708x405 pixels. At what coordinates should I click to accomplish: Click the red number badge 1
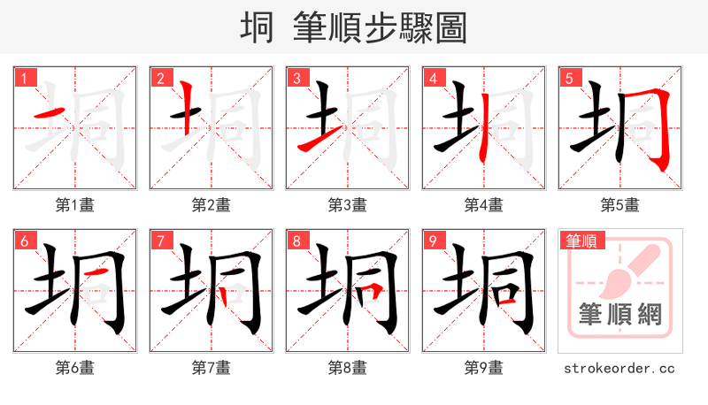(x=23, y=78)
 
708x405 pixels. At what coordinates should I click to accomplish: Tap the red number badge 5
(x=568, y=78)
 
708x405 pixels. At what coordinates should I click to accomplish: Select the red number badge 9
(x=432, y=241)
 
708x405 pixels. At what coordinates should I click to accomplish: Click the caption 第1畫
(x=74, y=205)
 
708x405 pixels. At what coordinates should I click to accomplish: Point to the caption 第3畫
(x=347, y=205)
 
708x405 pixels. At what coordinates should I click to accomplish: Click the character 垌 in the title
(x=258, y=28)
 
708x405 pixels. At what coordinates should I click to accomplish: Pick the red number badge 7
(x=159, y=241)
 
